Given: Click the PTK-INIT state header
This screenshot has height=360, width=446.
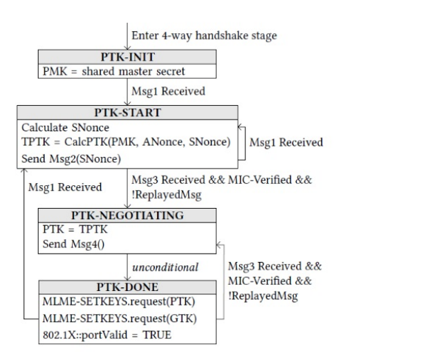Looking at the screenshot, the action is [128, 57].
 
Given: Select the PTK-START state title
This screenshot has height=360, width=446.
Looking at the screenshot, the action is [128, 113].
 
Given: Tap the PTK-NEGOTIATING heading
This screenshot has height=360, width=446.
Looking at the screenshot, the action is [127, 216].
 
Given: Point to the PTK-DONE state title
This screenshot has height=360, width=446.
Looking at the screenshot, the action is [127, 287].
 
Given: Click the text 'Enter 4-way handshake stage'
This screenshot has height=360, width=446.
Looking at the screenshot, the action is [204, 36].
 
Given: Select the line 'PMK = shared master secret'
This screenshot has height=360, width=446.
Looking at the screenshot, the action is [114, 71].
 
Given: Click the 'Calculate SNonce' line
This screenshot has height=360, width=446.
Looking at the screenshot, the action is [65, 128].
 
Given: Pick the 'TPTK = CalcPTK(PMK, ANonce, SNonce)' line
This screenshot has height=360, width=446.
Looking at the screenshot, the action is [126, 142].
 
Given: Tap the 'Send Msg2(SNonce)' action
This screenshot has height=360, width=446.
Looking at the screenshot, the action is [71, 158].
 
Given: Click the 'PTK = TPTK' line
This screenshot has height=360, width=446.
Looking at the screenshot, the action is [75, 229].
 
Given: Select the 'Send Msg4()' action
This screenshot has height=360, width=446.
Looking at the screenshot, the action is [74, 244].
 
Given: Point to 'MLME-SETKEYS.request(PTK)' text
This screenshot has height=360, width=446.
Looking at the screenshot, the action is [119, 301].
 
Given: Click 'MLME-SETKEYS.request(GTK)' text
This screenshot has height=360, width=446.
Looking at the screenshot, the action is [120, 319].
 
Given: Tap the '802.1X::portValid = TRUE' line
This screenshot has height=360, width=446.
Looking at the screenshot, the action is [107, 335].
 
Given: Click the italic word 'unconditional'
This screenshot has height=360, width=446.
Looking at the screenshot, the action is [165, 267].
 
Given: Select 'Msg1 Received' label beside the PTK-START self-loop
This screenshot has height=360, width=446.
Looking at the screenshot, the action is [286, 142].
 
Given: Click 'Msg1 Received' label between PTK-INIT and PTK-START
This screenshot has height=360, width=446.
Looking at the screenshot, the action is [168, 91].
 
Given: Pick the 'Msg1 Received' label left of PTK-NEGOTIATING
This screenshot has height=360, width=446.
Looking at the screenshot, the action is [65, 187].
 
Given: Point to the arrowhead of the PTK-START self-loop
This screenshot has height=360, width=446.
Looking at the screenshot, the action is [241, 127].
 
